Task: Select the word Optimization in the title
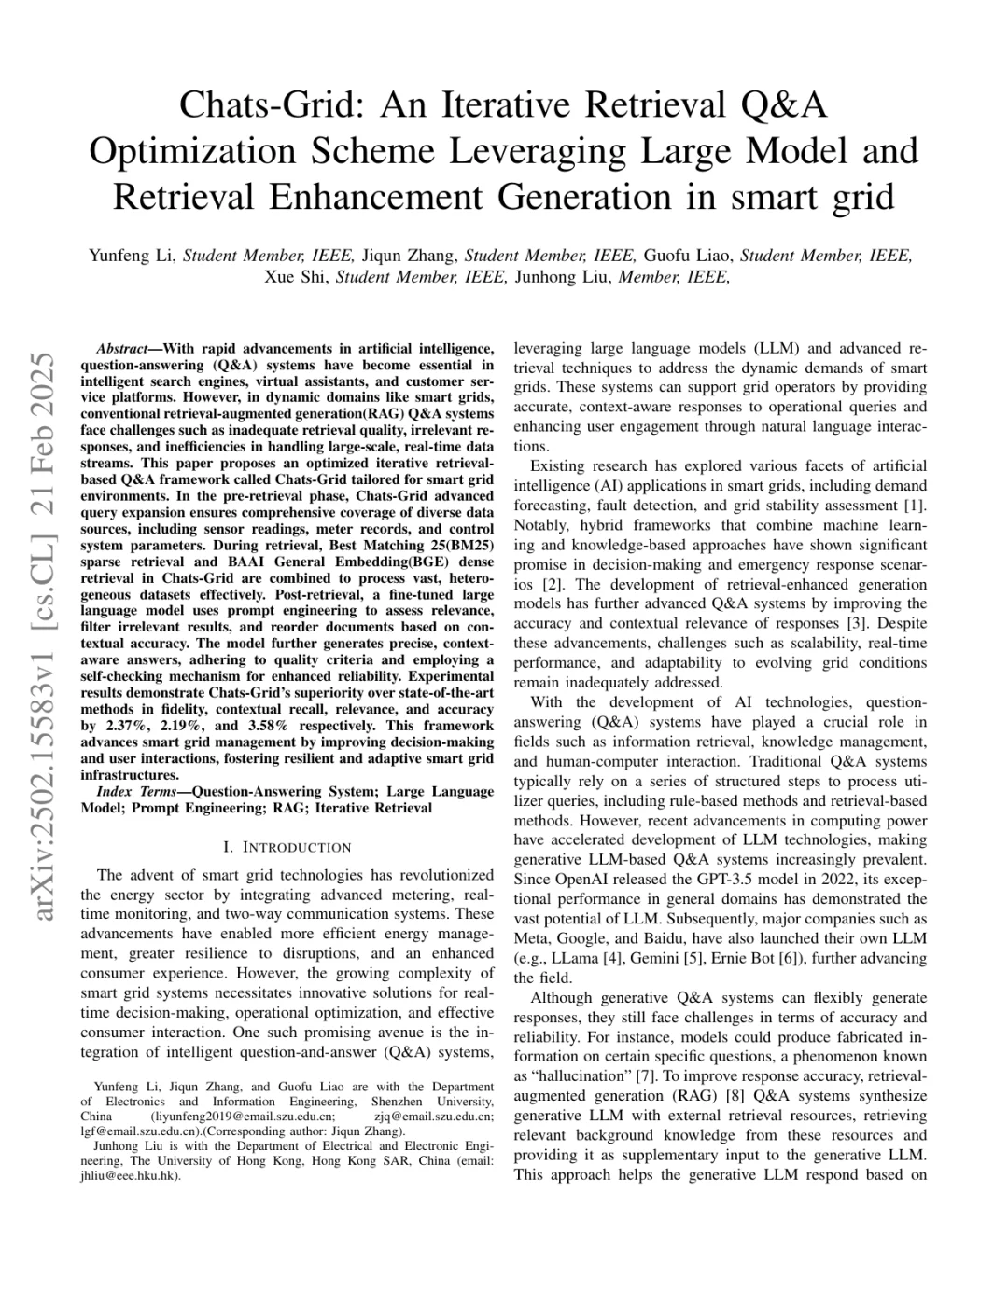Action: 192,151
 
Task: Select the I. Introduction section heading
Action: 287,847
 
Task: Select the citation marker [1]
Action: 917,506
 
